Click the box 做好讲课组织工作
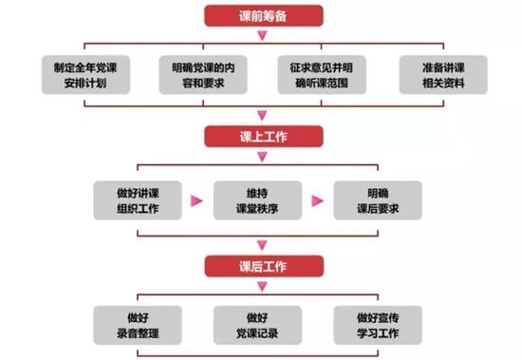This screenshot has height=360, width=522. pos(140,200)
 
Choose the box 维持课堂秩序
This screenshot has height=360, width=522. pos(262,200)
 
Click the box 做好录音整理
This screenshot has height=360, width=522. pos(140,325)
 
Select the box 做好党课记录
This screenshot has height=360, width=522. pos(262,325)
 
